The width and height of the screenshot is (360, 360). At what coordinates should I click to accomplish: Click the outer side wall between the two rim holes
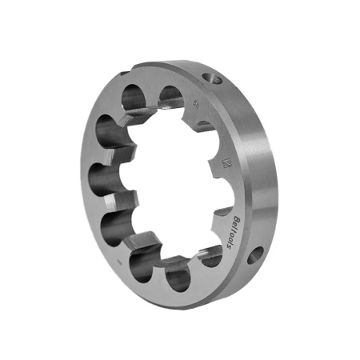tap(252, 160)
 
